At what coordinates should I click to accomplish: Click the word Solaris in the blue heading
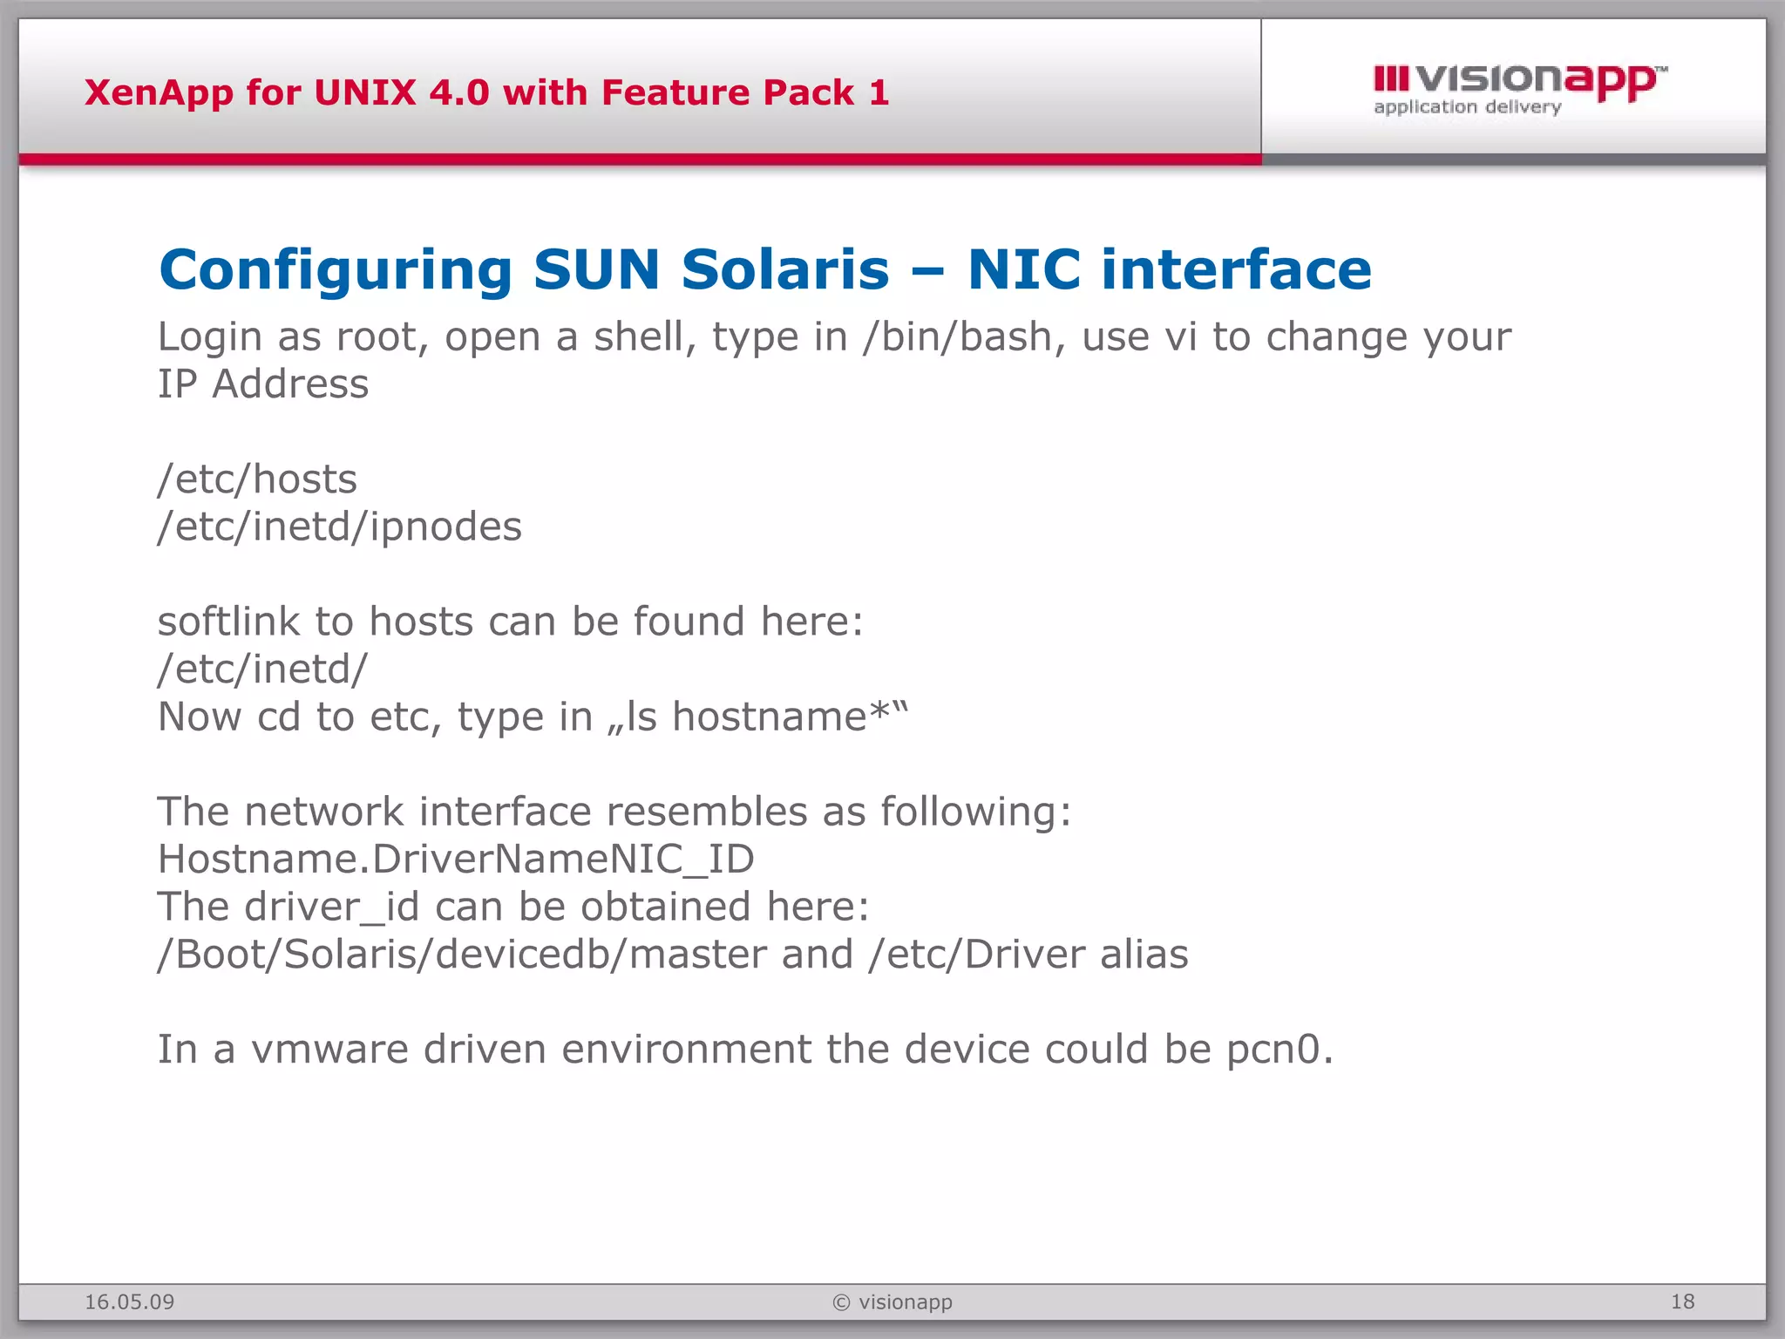(784, 269)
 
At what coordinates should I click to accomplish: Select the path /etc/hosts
(257, 479)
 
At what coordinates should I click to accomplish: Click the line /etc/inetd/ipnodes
(339, 527)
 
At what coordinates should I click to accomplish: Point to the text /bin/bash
(955, 337)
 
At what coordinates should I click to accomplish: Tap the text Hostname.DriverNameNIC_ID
(455, 860)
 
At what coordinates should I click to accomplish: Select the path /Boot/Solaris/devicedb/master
(461, 955)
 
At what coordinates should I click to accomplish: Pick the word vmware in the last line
(329, 1050)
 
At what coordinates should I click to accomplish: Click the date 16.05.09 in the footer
(129, 1302)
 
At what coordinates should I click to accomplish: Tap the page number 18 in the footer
(1682, 1302)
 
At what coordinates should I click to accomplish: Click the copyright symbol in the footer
(841, 1302)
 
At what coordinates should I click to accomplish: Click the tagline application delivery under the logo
(1467, 107)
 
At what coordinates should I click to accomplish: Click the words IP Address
(262, 384)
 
